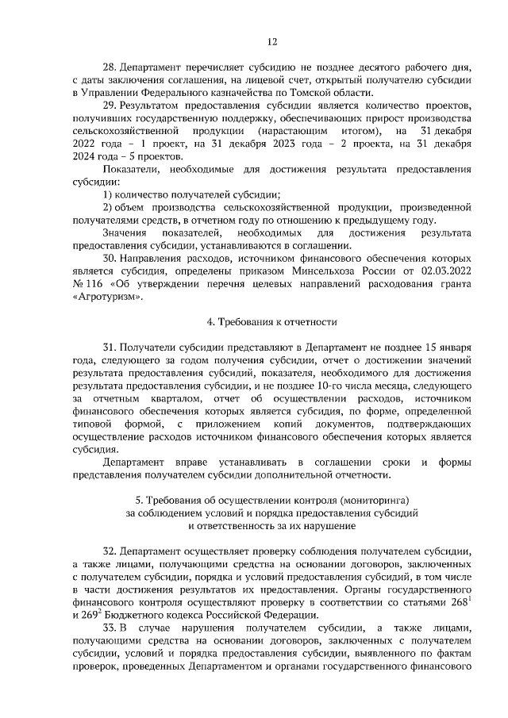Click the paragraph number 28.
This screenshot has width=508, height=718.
110,67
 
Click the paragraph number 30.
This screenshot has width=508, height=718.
110,259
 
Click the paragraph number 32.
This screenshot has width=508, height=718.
110,550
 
